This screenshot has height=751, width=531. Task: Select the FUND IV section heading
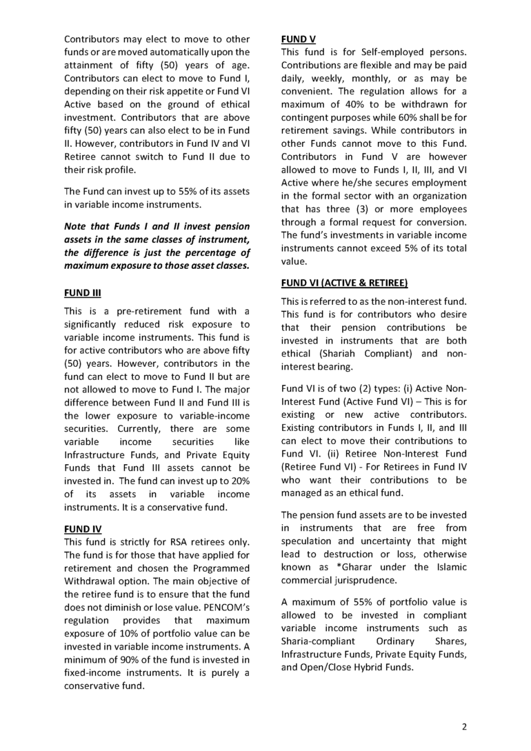(82, 529)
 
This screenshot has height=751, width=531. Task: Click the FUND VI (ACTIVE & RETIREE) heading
(344, 283)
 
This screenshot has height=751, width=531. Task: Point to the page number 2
(464, 726)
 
